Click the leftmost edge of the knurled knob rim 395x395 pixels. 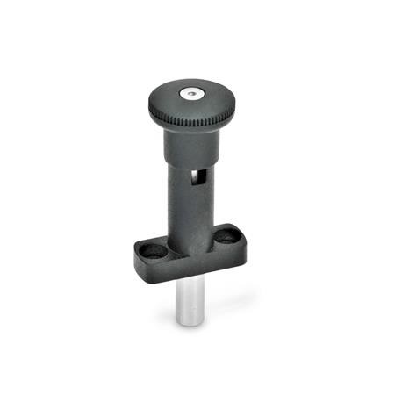tap(147, 105)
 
